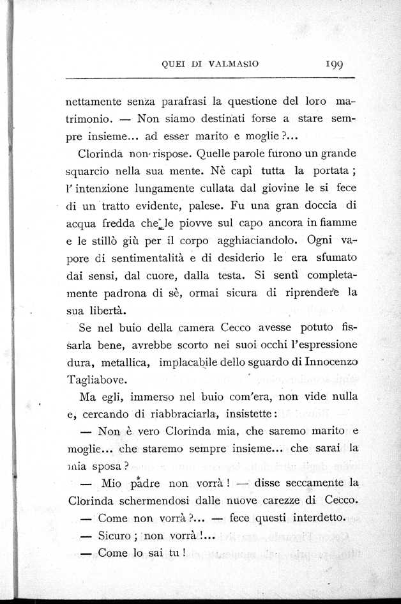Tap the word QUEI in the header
pyautogui.click(x=175, y=63)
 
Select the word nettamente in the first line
pyautogui.click(x=96, y=101)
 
